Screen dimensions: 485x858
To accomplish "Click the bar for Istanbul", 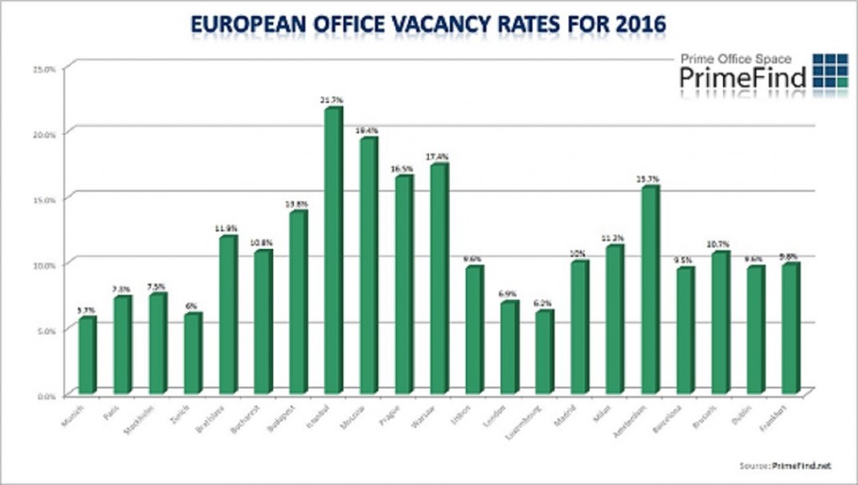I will pyautogui.click(x=333, y=250).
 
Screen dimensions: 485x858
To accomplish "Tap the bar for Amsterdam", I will pyautogui.click(x=649, y=290).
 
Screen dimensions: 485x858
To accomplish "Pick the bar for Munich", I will pyautogui.click(x=87, y=355).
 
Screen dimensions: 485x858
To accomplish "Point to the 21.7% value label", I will pyautogui.click(x=333, y=100).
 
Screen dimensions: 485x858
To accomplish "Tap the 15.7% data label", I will pyautogui.click(x=649, y=178).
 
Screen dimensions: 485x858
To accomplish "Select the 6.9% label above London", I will pyautogui.click(x=509, y=294).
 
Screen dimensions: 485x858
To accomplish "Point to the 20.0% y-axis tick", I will pyautogui.click(x=44, y=134).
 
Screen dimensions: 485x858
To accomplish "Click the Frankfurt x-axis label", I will pyautogui.click(x=784, y=414).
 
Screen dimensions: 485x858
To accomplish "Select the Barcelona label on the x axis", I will pyautogui.click(x=677, y=415).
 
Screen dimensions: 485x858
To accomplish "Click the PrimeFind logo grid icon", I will pyautogui.click(x=830, y=70).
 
